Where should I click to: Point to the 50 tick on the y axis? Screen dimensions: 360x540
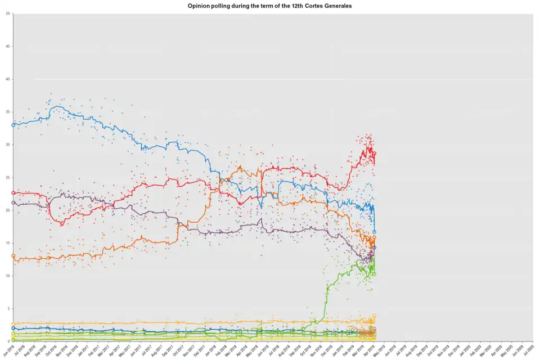[x=8, y=13]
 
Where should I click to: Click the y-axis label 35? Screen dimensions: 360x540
[x=8, y=112]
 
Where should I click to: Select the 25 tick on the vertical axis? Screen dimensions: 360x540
[x=8, y=177]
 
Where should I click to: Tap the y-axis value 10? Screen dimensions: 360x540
[x=8, y=276]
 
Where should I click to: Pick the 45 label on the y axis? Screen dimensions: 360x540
[x=8, y=46]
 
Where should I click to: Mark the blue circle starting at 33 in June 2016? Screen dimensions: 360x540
[x=13, y=125]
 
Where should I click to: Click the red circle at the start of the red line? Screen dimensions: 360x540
[x=13, y=193]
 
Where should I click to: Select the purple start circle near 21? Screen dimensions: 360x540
[x=13, y=202]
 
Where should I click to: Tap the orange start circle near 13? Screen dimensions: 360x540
[x=13, y=256]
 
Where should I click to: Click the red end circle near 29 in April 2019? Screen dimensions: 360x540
[x=375, y=153]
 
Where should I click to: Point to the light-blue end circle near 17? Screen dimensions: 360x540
[x=375, y=232]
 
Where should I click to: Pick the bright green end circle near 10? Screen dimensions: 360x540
[x=375, y=274]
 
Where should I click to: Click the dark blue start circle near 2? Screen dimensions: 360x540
[x=13, y=328]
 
